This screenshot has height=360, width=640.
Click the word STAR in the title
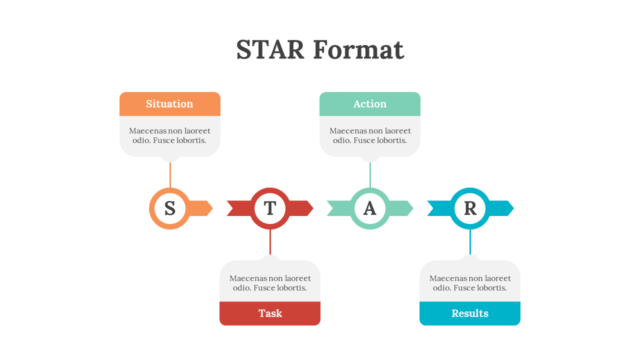(270, 50)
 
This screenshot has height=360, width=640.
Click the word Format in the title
(358, 50)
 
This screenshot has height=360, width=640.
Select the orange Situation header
(169, 104)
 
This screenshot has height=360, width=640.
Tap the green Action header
(370, 104)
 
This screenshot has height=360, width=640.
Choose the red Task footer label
(270, 313)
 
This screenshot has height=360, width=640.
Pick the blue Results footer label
(470, 313)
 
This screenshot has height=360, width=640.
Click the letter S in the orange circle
(170, 208)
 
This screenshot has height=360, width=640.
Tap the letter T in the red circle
(270, 208)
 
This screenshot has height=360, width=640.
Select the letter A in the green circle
(370, 208)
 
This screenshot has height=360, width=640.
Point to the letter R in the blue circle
(470, 208)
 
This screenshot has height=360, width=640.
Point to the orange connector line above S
(170, 175)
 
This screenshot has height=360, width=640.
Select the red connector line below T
(270, 242)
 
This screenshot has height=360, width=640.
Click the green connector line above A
(370, 175)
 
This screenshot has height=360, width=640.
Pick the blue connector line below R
(470, 242)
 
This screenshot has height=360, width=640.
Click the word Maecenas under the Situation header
(147, 131)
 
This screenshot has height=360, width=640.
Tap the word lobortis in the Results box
(489, 288)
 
